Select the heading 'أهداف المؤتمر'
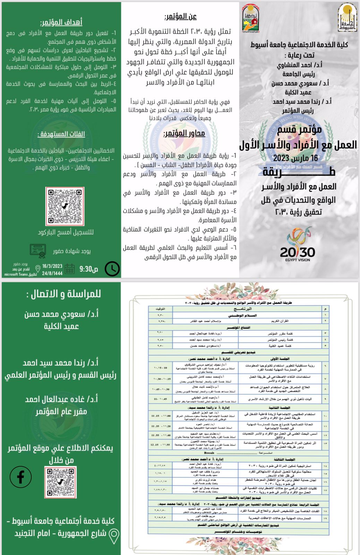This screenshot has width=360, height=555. (61, 23)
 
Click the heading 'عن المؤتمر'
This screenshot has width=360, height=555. (180, 16)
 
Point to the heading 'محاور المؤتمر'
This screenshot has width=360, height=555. (184, 134)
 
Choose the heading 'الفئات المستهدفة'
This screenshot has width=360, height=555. (61, 134)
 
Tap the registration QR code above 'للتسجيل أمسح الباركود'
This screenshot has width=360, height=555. (65, 206)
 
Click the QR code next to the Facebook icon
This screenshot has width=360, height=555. (60, 482)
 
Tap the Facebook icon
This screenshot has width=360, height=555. (20, 477)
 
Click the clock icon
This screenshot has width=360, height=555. (112, 269)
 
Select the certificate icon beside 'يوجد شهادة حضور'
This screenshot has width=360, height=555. (38, 251)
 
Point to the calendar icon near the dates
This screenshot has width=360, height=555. (70, 269)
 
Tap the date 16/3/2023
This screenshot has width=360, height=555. (52, 266)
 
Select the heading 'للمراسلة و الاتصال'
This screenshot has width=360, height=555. (63, 294)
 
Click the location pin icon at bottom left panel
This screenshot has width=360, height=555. (114, 536)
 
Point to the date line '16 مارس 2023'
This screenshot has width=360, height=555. (295, 158)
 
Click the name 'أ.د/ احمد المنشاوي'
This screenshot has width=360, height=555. (300, 65)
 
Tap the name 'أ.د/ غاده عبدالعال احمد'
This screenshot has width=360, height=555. (61, 399)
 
